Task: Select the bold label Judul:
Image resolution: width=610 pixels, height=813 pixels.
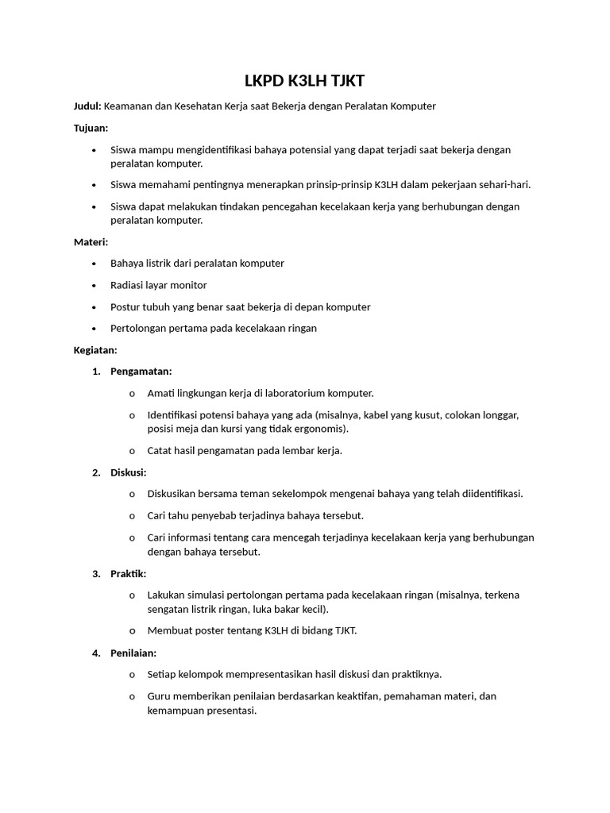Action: tap(87, 106)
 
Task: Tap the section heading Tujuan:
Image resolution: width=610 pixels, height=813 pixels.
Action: tap(91, 128)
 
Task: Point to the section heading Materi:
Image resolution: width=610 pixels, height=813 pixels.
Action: tap(91, 241)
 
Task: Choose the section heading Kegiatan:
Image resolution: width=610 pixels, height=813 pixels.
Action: tap(95, 349)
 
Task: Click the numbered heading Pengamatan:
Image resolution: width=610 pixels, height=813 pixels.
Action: tap(141, 372)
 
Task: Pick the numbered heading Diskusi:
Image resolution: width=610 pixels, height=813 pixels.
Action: tap(128, 472)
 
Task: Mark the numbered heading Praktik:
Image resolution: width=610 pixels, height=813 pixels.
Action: tap(128, 573)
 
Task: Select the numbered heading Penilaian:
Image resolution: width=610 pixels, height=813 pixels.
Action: tap(133, 653)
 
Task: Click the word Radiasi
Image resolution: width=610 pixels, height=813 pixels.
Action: tap(129, 285)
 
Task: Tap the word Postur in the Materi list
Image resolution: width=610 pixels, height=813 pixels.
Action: tap(126, 306)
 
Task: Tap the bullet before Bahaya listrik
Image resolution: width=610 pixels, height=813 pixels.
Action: tap(94, 264)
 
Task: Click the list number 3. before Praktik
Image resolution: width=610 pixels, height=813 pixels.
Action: tap(96, 573)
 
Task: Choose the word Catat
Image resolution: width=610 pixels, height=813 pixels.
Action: tap(161, 450)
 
